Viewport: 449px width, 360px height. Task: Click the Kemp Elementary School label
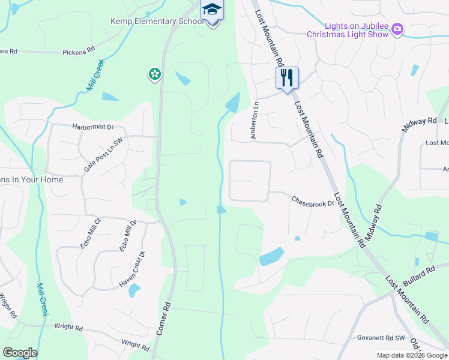pos(155,22)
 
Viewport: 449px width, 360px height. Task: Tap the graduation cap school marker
pos(211,10)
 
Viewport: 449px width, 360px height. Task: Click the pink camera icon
pos(397,29)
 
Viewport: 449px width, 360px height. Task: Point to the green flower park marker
pos(155,74)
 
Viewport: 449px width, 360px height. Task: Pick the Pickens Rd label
pos(79,52)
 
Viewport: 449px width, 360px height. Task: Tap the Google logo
pos(20,353)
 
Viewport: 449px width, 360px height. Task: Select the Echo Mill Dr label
pos(128,235)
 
